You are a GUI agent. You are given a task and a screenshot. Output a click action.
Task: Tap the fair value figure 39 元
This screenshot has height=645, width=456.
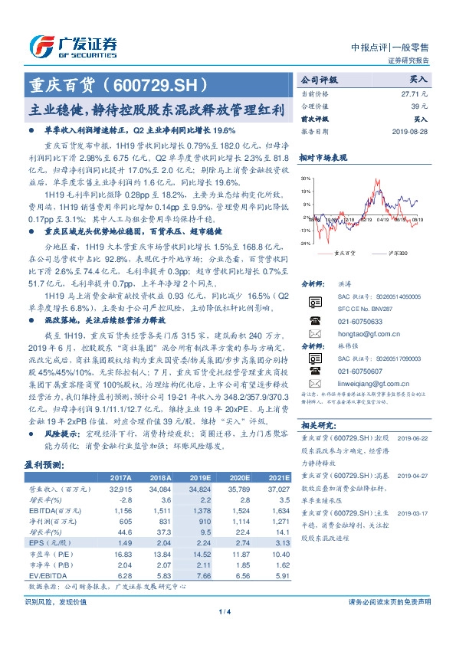418,106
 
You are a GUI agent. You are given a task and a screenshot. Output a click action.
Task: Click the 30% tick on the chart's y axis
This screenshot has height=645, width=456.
307,177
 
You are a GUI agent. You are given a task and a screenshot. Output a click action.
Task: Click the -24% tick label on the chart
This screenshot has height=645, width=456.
305,244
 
